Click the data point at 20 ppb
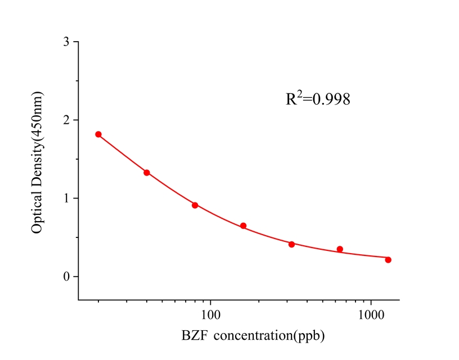[98, 134]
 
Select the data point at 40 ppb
[147, 173]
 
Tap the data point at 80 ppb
[195, 205]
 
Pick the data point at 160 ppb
[244, 226]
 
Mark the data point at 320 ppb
[292, 244]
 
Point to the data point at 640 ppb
[340, 249]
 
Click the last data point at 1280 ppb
[388, 260]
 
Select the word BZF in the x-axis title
[193, 336]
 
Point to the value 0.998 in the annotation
[332, 100]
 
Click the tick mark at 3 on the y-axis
[75, 42]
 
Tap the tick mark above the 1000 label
[371, 296]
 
